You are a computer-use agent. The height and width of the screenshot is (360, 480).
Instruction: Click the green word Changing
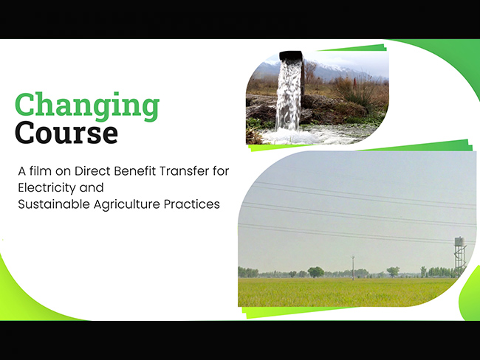click(x=86, y=106)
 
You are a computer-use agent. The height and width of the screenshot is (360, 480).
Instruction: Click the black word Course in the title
click(x=66, y=134)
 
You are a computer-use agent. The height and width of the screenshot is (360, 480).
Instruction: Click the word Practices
click(x=195, y=204)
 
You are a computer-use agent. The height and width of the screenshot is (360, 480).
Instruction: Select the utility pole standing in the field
click(x=353, y=266)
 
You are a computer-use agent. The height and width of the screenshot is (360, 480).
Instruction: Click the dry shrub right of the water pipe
click(x=355, y=92)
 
